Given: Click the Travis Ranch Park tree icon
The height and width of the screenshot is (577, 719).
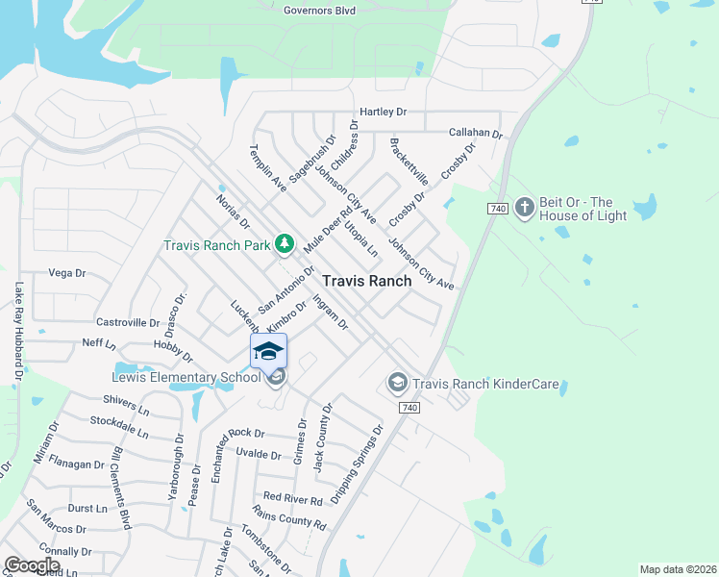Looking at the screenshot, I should click(284, 244).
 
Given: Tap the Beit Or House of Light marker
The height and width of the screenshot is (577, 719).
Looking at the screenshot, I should click(524, 207).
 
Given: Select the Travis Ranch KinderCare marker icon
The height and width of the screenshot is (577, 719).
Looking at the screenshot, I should click(396, 384).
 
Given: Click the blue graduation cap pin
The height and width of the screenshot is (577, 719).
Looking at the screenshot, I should click(269, 351).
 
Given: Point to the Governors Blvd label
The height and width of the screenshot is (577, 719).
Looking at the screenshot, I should click(319, 11).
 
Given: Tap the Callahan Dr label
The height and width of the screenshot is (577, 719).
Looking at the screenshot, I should click(476, 134).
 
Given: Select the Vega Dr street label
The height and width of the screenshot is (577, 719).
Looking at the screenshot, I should click(67, 273).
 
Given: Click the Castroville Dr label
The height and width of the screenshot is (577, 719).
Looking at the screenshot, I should click(128, 322).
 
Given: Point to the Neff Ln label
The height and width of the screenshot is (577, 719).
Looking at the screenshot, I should click(99, 343).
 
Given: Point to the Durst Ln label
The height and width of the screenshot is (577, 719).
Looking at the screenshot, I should click(87, 508).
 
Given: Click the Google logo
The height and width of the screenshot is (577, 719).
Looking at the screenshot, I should click(32, 565).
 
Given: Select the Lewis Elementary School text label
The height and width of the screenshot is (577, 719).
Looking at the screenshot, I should click(184, 376).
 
